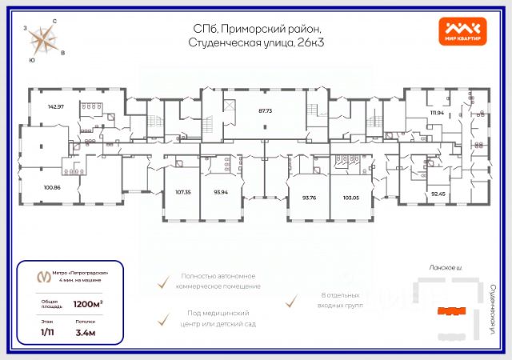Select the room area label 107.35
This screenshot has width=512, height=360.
184,192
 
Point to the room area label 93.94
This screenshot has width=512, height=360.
222,192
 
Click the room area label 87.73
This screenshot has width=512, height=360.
265,111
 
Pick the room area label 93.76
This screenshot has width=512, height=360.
310,197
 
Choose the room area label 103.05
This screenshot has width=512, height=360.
350,197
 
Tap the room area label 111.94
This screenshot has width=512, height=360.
436,113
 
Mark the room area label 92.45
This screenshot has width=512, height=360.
438,193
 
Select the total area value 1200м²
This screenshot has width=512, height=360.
88,304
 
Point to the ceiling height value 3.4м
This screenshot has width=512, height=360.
86,332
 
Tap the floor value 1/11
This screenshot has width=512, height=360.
49,332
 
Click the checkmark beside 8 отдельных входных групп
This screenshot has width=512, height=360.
292,301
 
